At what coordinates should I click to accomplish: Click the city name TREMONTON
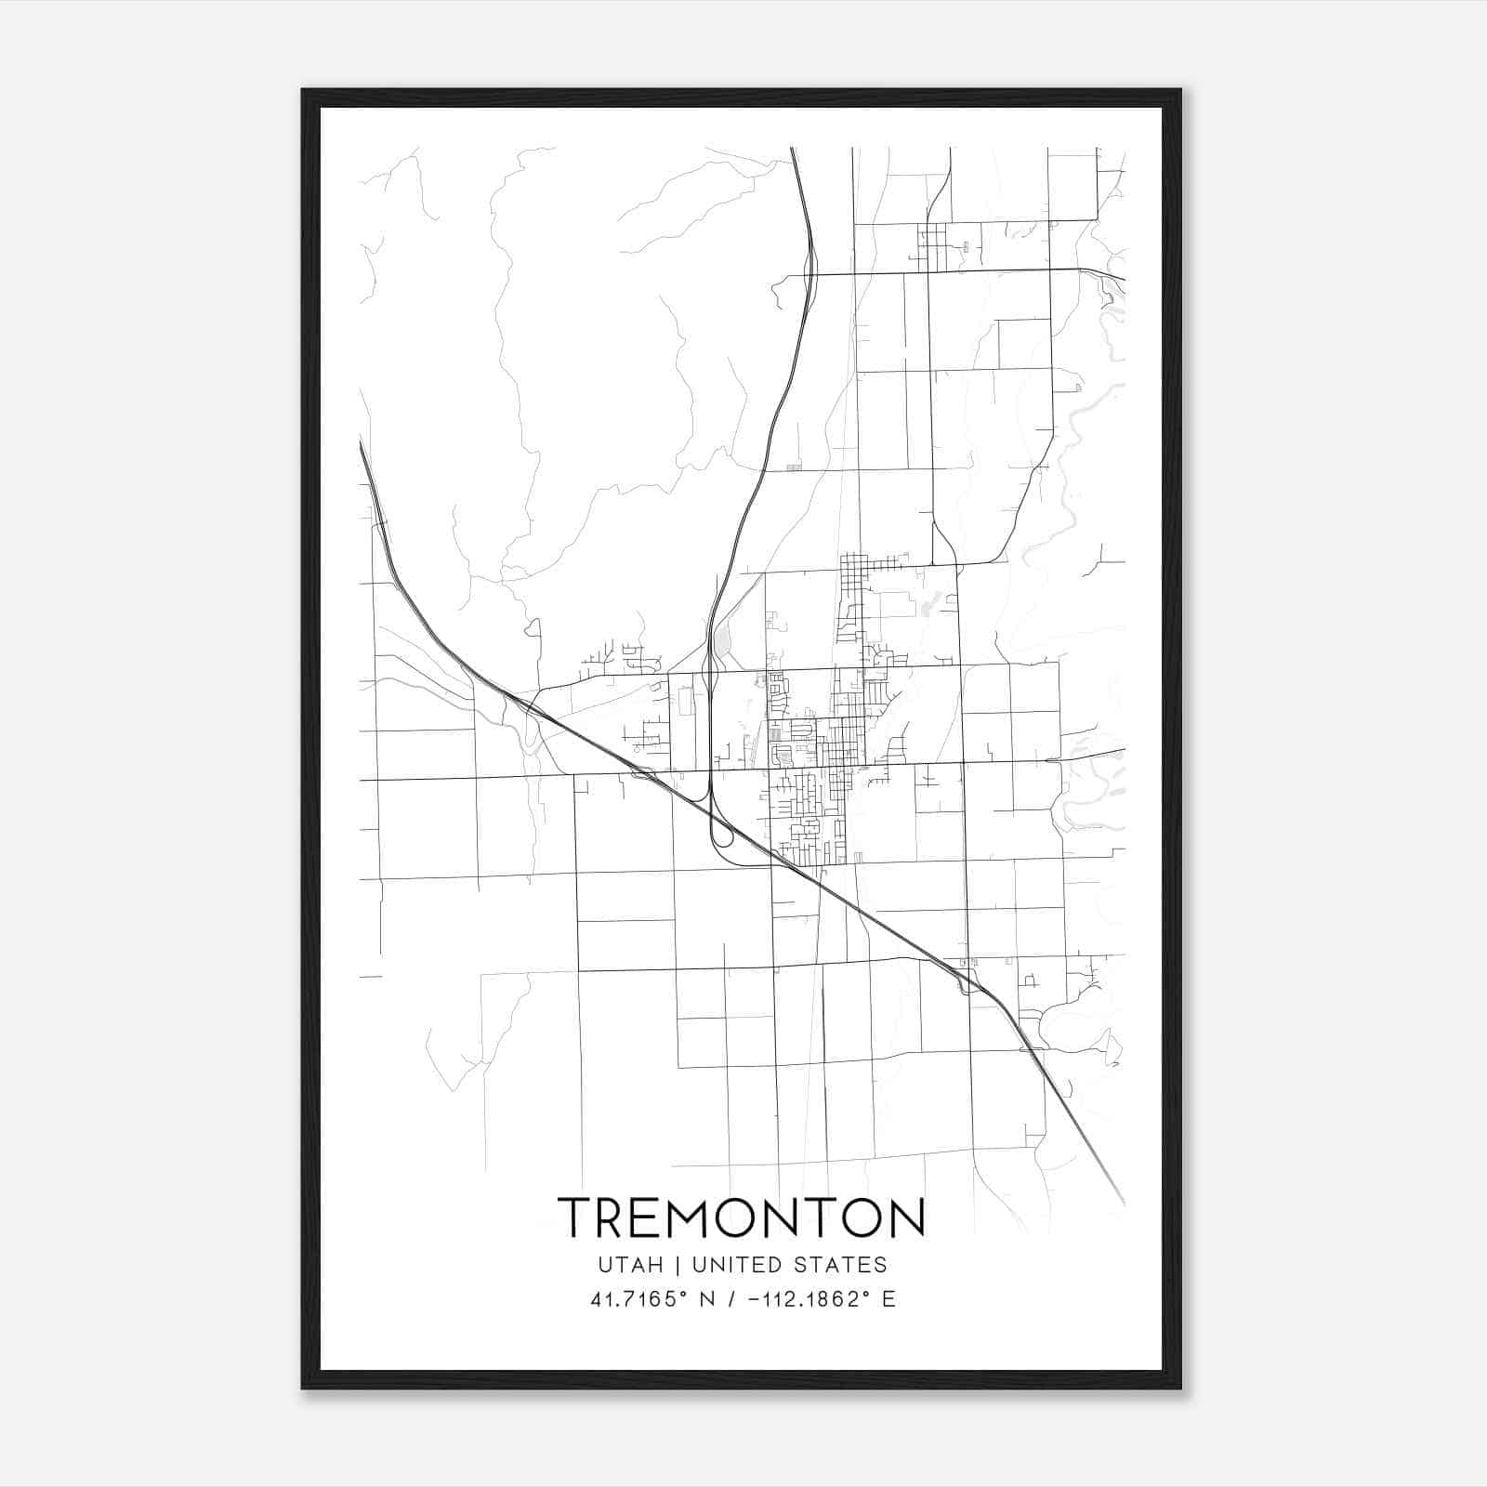pos(741,1217)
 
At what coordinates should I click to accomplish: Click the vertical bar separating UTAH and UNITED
pos(678,1265)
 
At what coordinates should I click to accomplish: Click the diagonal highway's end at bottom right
pos(1123,1203)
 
